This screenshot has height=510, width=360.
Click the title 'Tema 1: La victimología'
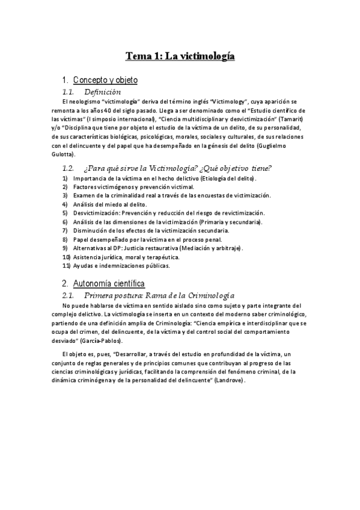[x=179, y=57]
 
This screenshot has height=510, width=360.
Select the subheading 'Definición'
[x=103, y=93]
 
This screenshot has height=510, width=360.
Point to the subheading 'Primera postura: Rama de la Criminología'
[x=159, y=296]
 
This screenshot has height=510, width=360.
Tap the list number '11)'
[x=67, y=265]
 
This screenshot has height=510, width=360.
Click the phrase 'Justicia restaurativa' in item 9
[x=165, y=248]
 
